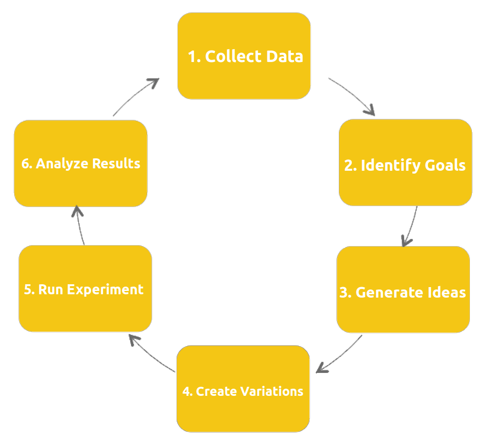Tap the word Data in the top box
[285, 56]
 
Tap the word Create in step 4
[216, 391]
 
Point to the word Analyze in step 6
[62, 164]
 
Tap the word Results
[116, 164]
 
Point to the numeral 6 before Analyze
[26, 164]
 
